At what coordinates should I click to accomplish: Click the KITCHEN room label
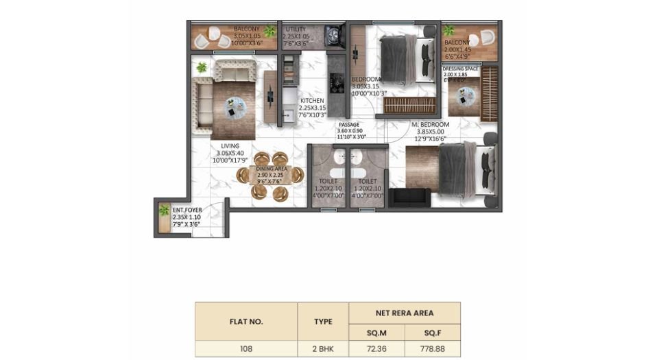[x=312, y=101]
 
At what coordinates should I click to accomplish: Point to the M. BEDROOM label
[x=430, y=123]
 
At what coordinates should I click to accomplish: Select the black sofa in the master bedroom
[x=409, y=197]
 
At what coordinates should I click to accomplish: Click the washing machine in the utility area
[x=334, y=36]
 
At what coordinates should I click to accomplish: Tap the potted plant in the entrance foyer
[x=163, y=211]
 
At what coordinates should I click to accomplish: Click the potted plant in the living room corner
[x=202, y=67]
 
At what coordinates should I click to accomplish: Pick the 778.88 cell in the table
[x=433, y=348]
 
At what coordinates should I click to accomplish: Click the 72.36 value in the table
[x=376, y=348]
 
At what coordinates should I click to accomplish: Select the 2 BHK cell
[x=323, y=348]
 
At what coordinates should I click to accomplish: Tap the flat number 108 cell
[x=246, y=348]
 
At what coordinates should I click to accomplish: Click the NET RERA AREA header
[x=405, y=313]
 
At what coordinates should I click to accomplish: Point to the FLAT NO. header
[x=246, y=320]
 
